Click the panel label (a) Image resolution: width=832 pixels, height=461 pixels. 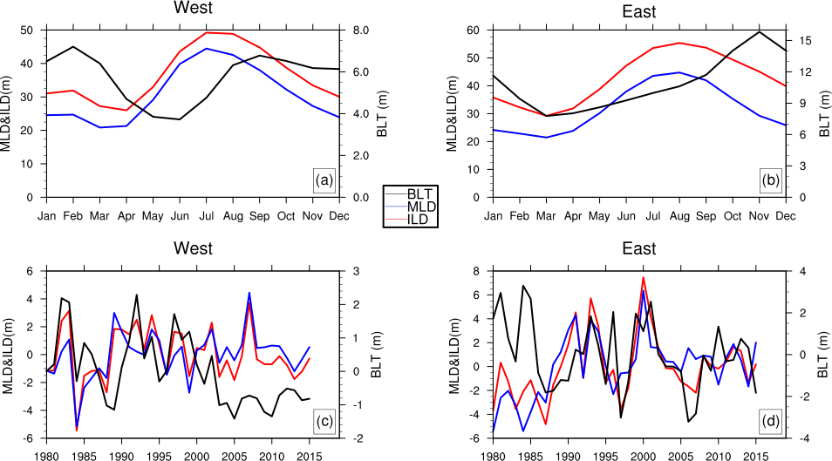coord(324,181)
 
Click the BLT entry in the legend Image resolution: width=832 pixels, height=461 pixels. coord(421,193)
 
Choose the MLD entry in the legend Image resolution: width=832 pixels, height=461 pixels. coord(421,207)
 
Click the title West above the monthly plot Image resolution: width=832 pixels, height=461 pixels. coord(194,10)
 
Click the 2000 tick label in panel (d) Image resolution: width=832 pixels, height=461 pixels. coord(643,456)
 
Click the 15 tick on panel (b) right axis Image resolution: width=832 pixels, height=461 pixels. coord(807,41)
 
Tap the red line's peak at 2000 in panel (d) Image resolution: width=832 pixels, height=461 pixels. coord(643,278)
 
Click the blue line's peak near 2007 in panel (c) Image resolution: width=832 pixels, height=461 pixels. coord(249,294)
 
